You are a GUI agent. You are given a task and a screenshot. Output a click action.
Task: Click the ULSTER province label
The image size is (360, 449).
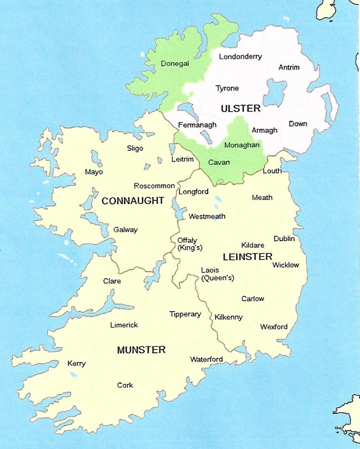(240, 108)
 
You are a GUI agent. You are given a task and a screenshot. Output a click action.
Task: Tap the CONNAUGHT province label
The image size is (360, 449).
(133, 201)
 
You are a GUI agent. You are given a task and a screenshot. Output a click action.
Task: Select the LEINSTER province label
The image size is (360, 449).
(247, 256)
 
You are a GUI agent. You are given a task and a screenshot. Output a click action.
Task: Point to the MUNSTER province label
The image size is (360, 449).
(141, 350)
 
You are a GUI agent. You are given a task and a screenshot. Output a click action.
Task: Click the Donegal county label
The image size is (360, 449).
(175, 64)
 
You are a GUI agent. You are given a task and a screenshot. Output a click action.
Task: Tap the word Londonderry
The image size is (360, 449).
(240, 57)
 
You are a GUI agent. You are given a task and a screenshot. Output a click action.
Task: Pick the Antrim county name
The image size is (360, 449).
(289, 67)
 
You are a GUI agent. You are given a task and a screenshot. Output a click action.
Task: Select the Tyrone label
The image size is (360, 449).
(227, 88)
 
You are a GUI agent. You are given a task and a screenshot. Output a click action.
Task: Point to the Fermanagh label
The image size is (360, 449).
(197, 125)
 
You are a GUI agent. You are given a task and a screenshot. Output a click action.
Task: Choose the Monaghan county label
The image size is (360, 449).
(242, 145)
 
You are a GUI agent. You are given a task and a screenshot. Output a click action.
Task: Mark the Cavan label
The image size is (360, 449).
(219, 162)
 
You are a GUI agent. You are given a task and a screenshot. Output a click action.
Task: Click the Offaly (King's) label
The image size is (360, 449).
(190, 244)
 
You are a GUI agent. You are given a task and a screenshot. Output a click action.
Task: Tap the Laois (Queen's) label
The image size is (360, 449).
(217, 274)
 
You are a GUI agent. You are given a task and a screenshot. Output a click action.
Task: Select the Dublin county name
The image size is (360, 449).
(284, 239)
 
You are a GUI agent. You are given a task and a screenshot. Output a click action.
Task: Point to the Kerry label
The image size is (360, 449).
(76, 364)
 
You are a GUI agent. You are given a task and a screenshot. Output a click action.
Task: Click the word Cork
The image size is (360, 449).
(125, 385)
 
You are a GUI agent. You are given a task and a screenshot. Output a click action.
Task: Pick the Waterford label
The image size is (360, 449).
(206, 359)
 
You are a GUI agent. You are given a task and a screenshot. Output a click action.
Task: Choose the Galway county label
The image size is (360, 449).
(125, 229)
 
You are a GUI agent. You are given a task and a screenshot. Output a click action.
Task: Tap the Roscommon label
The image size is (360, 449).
(154, 186)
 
